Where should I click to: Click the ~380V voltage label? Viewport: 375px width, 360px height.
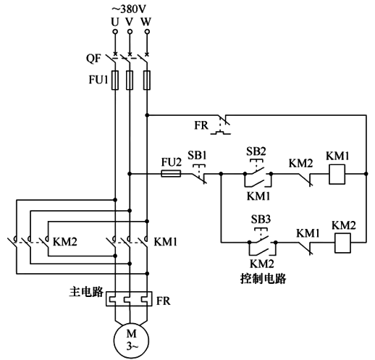[131, 9]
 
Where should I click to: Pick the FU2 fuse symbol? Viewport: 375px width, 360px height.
[169, 174]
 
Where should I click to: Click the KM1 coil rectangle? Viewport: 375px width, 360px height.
[336, 174]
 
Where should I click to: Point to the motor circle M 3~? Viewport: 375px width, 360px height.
[130, 338]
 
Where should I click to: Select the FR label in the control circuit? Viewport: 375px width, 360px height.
[201, 125]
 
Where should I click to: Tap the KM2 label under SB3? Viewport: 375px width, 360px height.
[261, 264]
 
